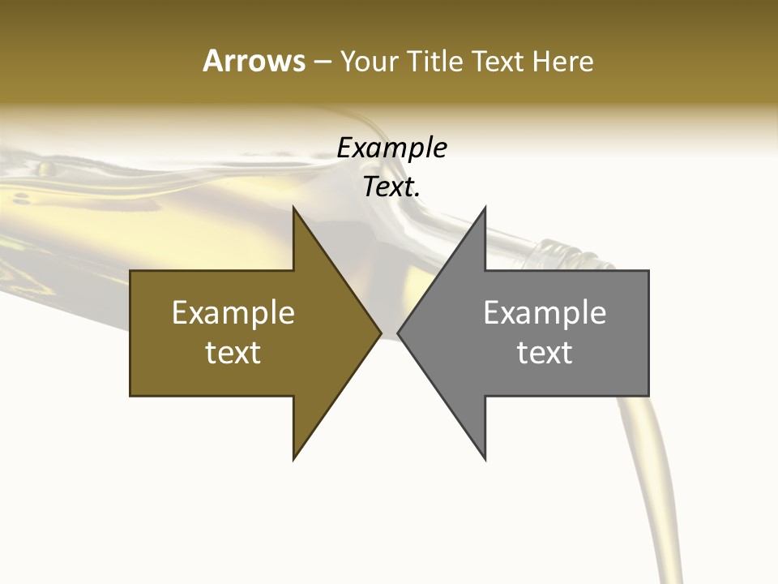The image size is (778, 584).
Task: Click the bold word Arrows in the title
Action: click(x=253, y=61)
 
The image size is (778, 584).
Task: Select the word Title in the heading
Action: click(x=437, y=62)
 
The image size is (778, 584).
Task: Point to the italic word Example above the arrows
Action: click(x=391, y=148)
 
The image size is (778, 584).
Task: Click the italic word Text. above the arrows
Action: click(x=391, y=187)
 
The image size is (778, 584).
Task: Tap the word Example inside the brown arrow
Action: click(x=233, y=312)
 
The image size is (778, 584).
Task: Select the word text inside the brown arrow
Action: click(x=233, y=352)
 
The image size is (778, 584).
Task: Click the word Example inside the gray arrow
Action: click(x=545, y=312)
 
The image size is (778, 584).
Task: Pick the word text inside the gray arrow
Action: click(x=545, y=352)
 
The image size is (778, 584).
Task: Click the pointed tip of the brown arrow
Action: click(x=379, y=333)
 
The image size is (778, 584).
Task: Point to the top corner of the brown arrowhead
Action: click(x=294, y=208)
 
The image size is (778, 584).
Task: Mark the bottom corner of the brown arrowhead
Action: click(x=294, y=457)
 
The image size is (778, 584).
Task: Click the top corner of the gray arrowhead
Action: click(x=484, y=208)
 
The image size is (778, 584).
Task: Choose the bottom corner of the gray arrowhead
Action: click(x=484, y=457)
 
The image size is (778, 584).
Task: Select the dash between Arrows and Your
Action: click(x=322, y=62)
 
